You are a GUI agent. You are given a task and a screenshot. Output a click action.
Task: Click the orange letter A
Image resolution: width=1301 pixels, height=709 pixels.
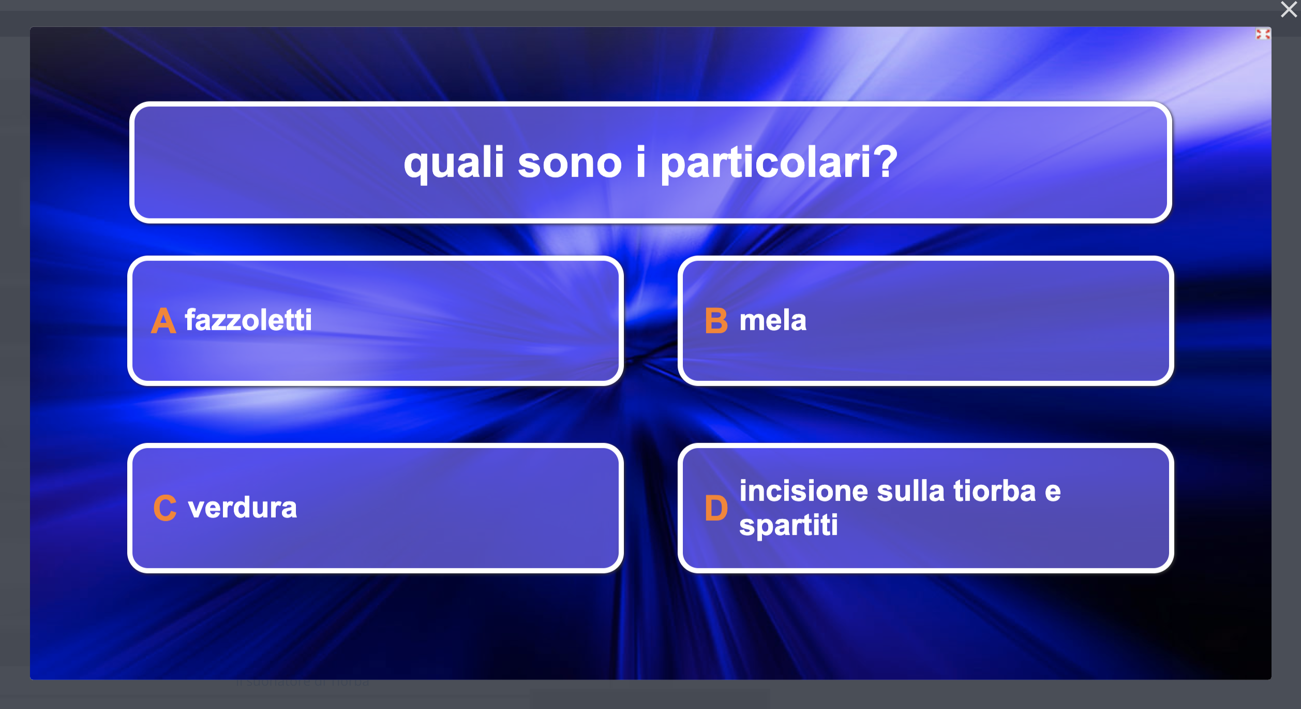click(x=163, y=321)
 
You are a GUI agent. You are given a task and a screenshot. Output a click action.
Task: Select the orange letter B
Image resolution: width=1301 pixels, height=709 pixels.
click(x=716, y=321)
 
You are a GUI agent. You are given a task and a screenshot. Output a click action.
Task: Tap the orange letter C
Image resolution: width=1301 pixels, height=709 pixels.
click(x=165, y=508)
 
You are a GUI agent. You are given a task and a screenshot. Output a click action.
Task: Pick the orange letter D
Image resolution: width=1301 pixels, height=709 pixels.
click(x=716, y=508)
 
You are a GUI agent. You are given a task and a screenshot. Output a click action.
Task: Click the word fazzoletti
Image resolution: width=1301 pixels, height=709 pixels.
click(x=248, y=320)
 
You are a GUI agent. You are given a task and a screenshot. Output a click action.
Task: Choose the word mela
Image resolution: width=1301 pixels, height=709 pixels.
click(x=773, y=320)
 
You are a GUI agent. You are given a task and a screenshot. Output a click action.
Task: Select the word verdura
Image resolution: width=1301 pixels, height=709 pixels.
click(x=243, y=507)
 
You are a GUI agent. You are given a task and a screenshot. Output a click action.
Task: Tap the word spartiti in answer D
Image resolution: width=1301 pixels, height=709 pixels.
click(x=788, y=526)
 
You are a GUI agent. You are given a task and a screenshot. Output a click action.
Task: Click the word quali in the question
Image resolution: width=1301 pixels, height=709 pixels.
click(x=454, y=163)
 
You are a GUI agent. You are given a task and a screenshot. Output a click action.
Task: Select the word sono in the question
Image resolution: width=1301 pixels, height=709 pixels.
click(x=570, y=165)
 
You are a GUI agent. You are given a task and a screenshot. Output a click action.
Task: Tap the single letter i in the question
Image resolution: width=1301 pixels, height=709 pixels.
click(x=641, y=161)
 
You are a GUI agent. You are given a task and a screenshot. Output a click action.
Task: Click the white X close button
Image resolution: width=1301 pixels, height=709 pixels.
click(x=1289, y=9)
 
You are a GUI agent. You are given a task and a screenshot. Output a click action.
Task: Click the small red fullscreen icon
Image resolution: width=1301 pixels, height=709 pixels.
click(x=1263, y=34)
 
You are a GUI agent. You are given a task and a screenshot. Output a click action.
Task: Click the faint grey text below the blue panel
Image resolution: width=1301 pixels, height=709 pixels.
click(x=303, y=683)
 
